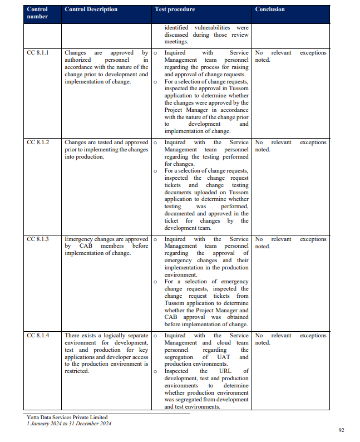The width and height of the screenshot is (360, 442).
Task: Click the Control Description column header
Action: coord(91,9)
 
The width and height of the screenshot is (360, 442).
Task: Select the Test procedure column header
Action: coord(175,9)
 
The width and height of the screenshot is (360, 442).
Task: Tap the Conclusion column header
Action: coord(270,9)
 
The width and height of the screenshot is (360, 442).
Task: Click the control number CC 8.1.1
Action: coord(38,53)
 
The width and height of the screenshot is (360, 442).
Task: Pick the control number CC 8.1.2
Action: coord(38,143)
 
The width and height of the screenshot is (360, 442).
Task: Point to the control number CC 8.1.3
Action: coord(38,239)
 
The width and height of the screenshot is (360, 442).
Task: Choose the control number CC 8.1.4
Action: coord(38,336)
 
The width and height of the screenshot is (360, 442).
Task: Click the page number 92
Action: coord(342,430)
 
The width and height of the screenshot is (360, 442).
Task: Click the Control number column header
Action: coord(37,13)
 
